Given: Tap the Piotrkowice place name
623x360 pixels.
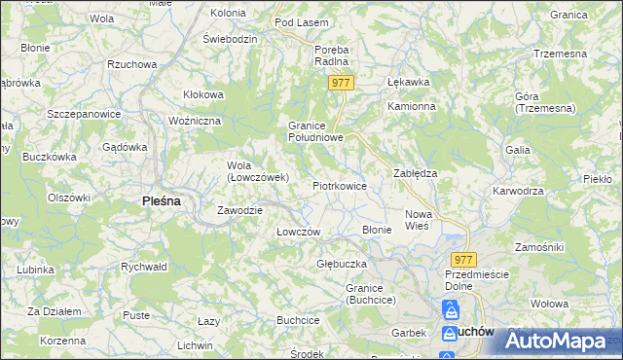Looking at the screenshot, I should pyautogui.click(x=339, y=185).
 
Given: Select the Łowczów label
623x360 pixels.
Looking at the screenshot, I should pyautogui.click(x=298, y=232).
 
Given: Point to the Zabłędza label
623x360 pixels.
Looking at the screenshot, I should pyautogui.click(x=415, y=172).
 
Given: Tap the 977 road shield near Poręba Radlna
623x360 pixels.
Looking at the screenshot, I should pyautogui.click(x=340, y=84).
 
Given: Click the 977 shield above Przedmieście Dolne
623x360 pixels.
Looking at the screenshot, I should pyautogui.click(x=462, y=259).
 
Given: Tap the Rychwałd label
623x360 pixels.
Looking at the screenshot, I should pyautogui.click(x=143, y=266).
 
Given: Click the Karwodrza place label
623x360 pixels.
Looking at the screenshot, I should pyautogui.click(x=517, y=191).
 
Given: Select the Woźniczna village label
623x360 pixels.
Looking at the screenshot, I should pyautogui.click(x=196, y=120).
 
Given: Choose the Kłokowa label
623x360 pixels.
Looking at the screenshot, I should pyautogui.click(x=203, y=94).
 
